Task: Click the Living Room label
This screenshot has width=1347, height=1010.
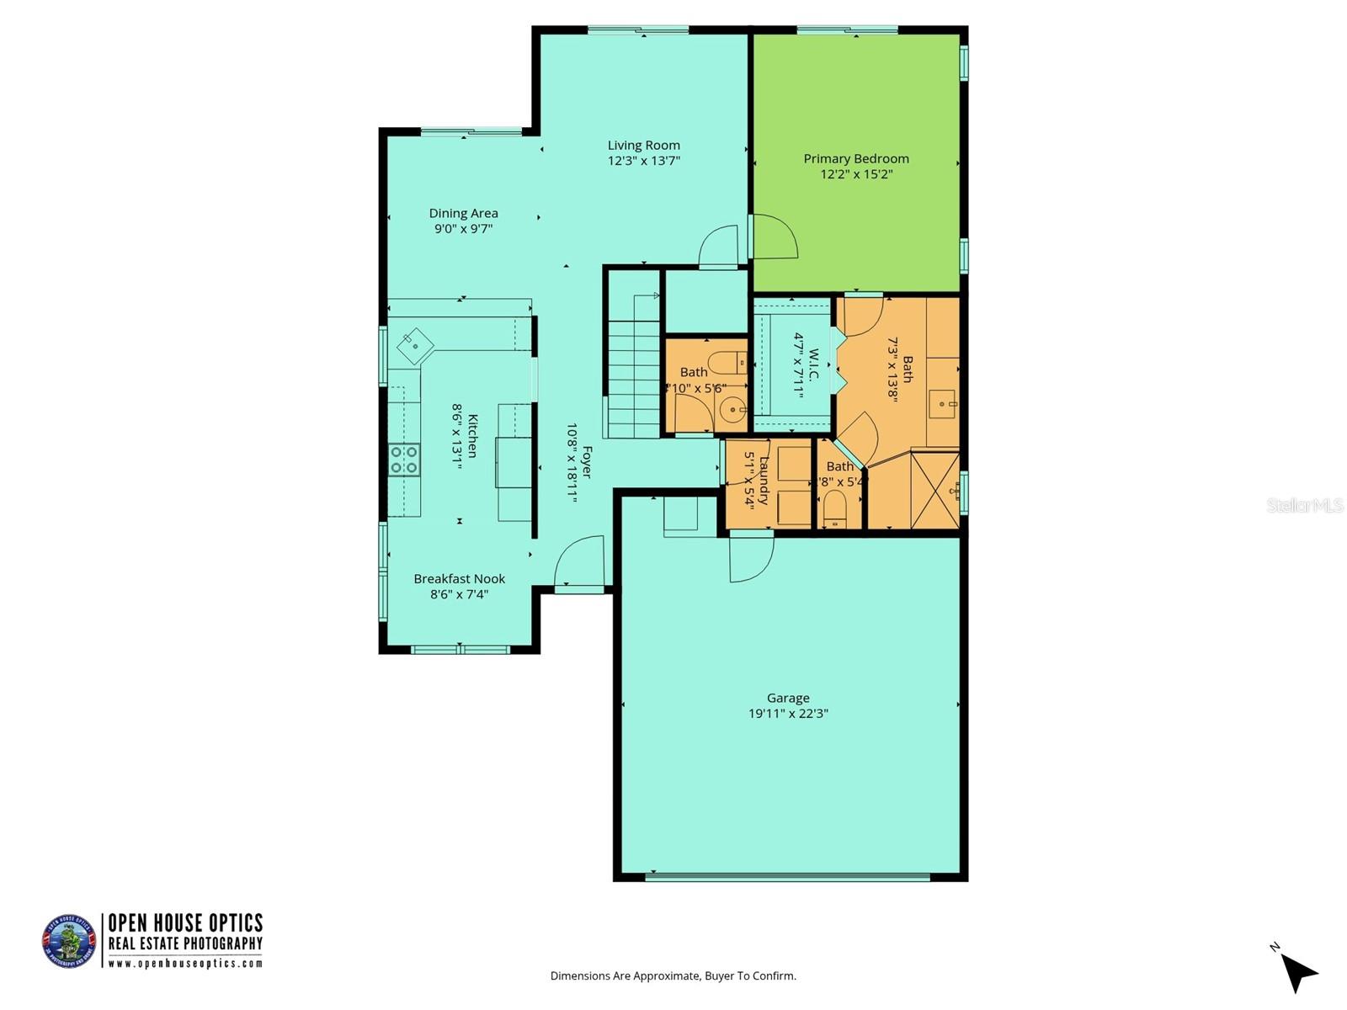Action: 644,146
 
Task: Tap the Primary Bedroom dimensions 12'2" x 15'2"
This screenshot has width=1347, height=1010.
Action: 855,174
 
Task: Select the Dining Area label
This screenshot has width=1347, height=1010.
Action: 463,214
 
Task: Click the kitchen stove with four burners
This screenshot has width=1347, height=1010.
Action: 404,460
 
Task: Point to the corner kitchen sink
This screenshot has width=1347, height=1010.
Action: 415,345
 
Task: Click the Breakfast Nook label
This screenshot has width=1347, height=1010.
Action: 459,579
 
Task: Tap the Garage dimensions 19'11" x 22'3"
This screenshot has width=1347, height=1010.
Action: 788,714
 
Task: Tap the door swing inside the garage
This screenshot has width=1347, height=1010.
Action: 750,558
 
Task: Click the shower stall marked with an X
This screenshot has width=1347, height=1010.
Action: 934,490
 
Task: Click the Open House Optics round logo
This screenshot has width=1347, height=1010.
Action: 69,940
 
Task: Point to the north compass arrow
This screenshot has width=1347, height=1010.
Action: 1299,972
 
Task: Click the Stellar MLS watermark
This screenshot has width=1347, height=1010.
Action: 1304,505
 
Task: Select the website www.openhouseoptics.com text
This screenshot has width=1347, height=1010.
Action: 185,964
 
